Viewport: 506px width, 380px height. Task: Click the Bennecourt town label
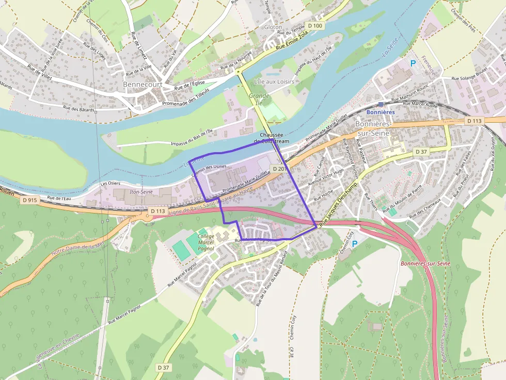click(x=142, y=84)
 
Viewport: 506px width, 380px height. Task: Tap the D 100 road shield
click(x=314, y=25)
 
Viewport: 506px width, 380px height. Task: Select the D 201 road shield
click(x=279, y=169)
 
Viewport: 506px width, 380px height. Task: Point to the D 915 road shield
click(x=30, y=200)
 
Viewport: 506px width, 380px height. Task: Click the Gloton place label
click(x=273, y=27)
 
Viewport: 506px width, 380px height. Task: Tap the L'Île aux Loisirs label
click(x=274, y=82)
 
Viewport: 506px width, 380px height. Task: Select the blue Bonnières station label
click(x=380, y=112)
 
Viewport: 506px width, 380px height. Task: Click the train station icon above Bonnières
click(x=381, y=104)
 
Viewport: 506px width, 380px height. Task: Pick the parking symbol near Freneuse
click(x=413, y=63)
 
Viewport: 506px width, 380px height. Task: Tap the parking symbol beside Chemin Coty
click(x=354, y=243)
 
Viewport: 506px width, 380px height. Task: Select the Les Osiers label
click(x=110, y=183)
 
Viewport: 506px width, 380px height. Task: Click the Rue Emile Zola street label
click(x=292, y=41)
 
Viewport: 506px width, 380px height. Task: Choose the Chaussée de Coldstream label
click(x=272, y=138)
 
